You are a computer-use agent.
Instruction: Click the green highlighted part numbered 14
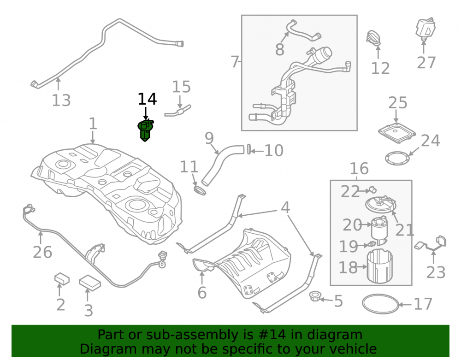coord(145,130)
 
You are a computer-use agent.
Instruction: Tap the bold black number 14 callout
coord(147,99)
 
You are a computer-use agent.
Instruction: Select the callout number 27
coord(426,63)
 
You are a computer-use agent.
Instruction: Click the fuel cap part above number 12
coord(374,38)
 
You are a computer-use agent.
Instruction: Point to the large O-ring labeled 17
coord(380,304)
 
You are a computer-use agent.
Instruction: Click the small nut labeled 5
coord(315,296)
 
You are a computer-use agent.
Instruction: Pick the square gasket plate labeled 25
coord(397,133)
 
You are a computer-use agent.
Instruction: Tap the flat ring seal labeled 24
coord(397,158)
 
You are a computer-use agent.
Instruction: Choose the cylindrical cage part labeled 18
coord(379,266)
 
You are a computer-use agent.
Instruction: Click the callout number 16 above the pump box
coord(359,169)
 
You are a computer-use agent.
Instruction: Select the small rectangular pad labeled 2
coord(62,279)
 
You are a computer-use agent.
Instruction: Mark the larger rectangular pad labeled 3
coord(90,283)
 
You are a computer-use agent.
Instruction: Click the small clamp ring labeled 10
coord(249,149)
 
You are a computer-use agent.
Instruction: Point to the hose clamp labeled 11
coord(200,190)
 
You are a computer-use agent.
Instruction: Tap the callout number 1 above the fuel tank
coord(93,124)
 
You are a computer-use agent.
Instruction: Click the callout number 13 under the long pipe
coord(61,100)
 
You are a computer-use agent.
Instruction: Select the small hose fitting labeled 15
coord(178,111)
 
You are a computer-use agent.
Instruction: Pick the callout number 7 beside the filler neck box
coord(234,62)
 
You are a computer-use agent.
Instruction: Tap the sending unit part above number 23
coord(431,243)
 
